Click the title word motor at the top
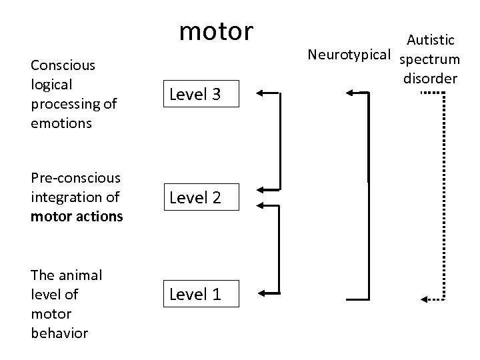[x=217, y=30]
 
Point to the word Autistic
[x=432, y=40]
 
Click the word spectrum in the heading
[x=430, y=59]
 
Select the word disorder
[x=430, y=79]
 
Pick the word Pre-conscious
[x=75, y=178]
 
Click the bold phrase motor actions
[x=77, y=216]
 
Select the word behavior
[x=59, y=333]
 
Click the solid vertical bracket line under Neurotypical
[x=367, y=193]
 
